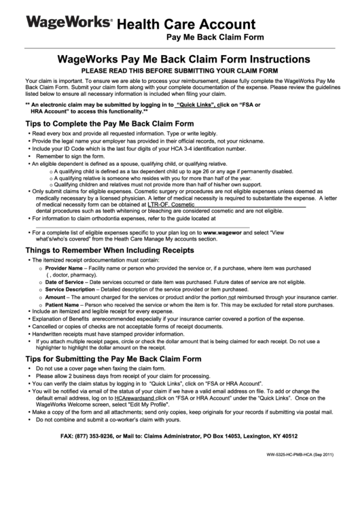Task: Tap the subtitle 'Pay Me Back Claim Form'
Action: pyautogui.click(x=215, y=39)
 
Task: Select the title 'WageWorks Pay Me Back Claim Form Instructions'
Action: pyautogui.click(x=179, y=60)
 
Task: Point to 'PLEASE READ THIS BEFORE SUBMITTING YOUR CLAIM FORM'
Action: pyautogui.click(x=179, y=70)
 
